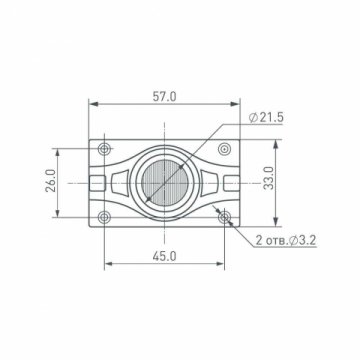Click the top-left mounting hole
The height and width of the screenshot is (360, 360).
[x=105, y=149]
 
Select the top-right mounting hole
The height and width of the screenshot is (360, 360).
[x=225, y=149]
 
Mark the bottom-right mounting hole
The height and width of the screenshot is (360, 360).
[x=225, y=216]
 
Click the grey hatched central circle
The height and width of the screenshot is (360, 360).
[x=165, y=182]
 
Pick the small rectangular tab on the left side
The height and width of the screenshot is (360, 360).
[x=96, y=182]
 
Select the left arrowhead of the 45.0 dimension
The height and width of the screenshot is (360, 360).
[x=107, y=264]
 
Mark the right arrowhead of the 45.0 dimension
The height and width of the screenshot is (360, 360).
[x=223, y=264]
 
